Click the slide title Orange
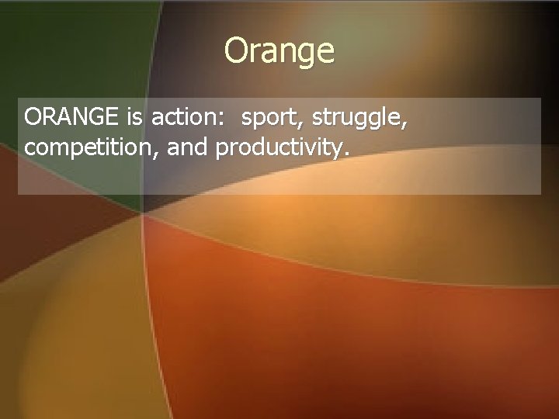click(279, 51)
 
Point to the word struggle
click(356, 119)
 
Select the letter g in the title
click(304, 55)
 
